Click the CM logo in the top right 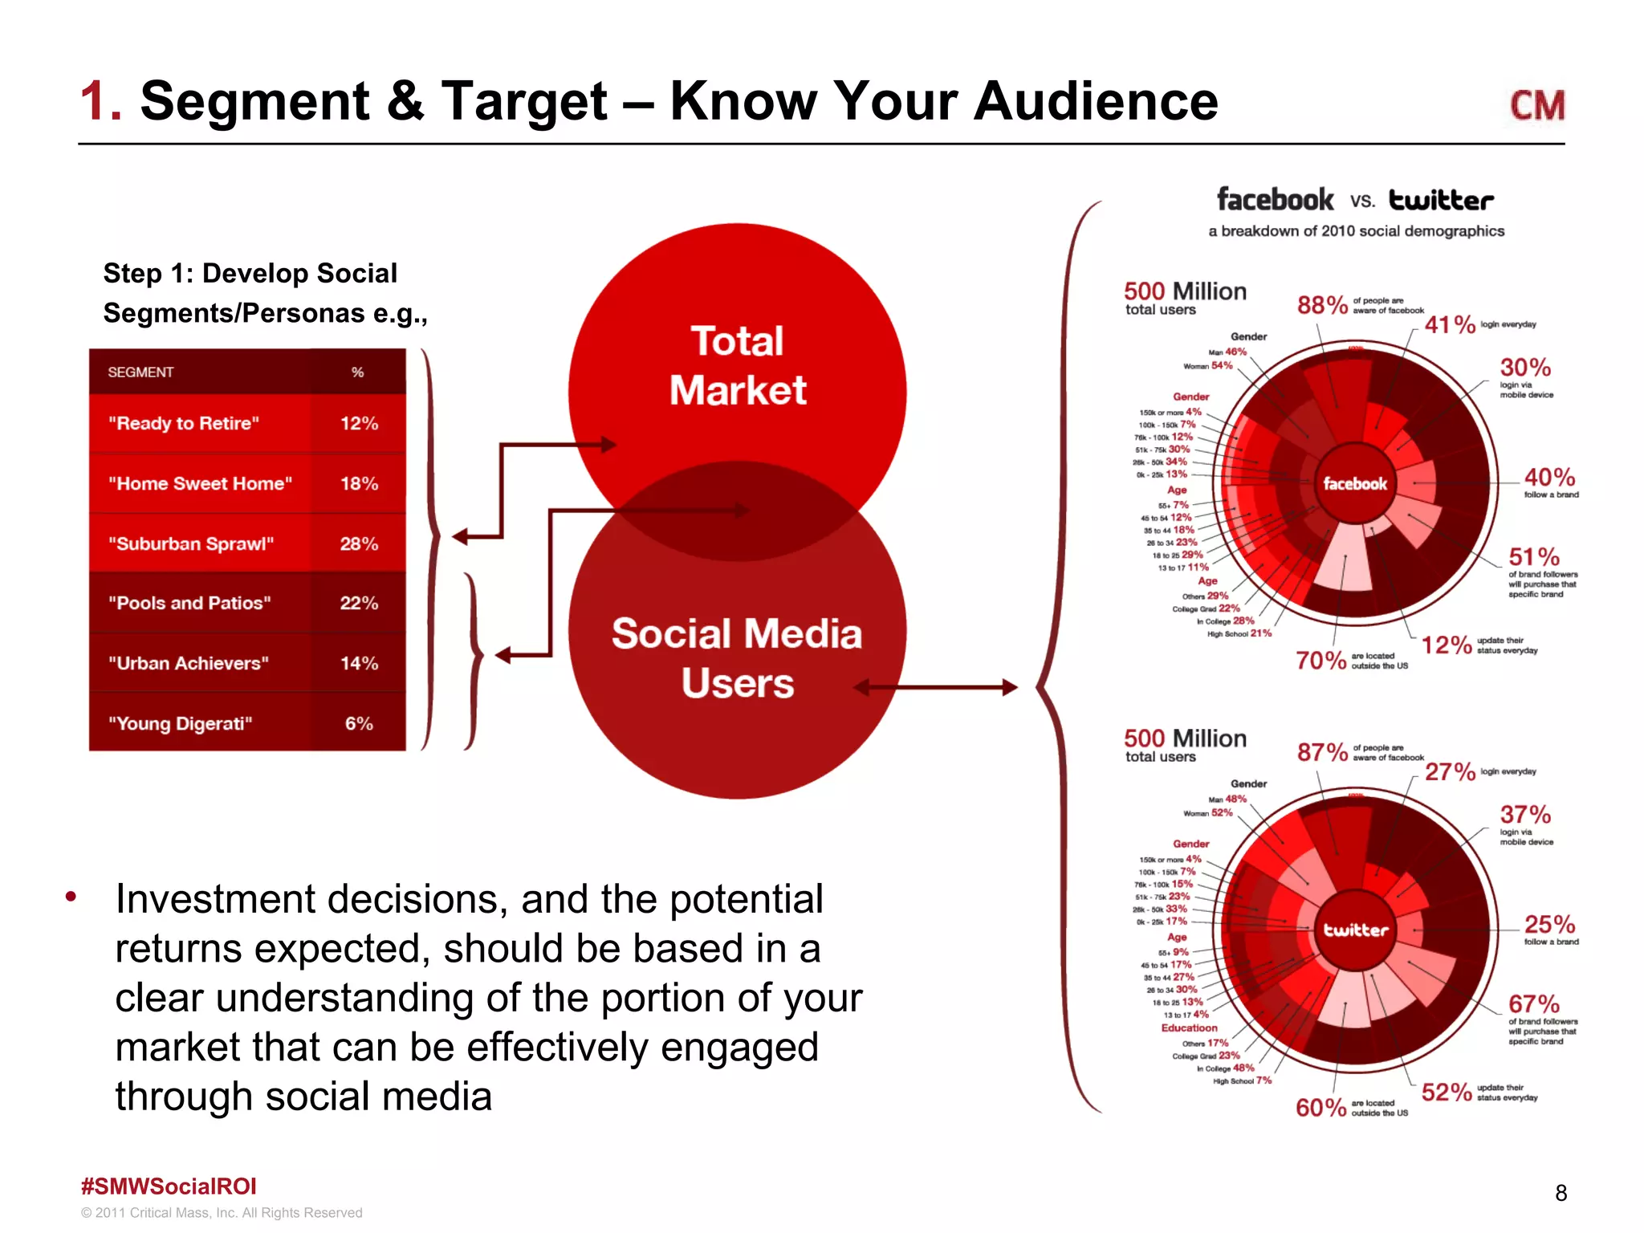[x=1537, y=105]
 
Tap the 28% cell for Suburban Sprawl [x=359, y=543]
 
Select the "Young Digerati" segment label [x=181, y=723]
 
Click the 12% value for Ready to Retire [x=359, y=423]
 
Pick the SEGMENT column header [x=140, y=372]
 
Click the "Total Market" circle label [x=738, y=366]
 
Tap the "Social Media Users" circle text [x=737, y=658]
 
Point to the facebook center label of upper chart [x=1355, y=484]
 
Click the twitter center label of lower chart [x=1356, y=930]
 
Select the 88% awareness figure [x=1322, y=305]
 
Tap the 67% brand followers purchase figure [x=1533, y=1003]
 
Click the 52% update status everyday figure [x=1447, y=1092]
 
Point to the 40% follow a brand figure [x=1549, y=477]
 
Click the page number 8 [x=1561, y=1193]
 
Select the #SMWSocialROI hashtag [x=169, y=1186]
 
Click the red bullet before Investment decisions [x=71, y=896]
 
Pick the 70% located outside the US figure [x=1320, y=661]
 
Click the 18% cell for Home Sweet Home [x=359, y=483]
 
